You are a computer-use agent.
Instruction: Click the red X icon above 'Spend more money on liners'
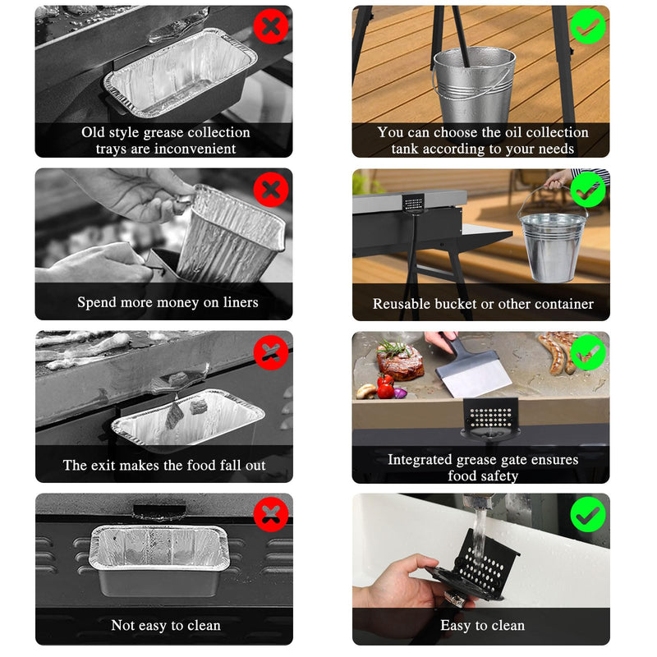coord(271,190)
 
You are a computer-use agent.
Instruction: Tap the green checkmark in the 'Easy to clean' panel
coord(587,515)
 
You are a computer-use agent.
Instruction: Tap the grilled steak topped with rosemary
coord(399,361)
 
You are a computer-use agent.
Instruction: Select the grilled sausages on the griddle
coord(557,351)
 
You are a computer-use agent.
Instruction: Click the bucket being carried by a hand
coord(552,243)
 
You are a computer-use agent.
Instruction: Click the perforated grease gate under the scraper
coord(490,418)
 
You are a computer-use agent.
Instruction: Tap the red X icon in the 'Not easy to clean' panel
coord(271,515)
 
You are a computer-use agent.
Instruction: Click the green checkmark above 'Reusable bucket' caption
coord(587,190)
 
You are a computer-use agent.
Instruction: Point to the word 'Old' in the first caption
coord(93,132)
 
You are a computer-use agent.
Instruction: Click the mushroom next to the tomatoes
coord(366,392)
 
